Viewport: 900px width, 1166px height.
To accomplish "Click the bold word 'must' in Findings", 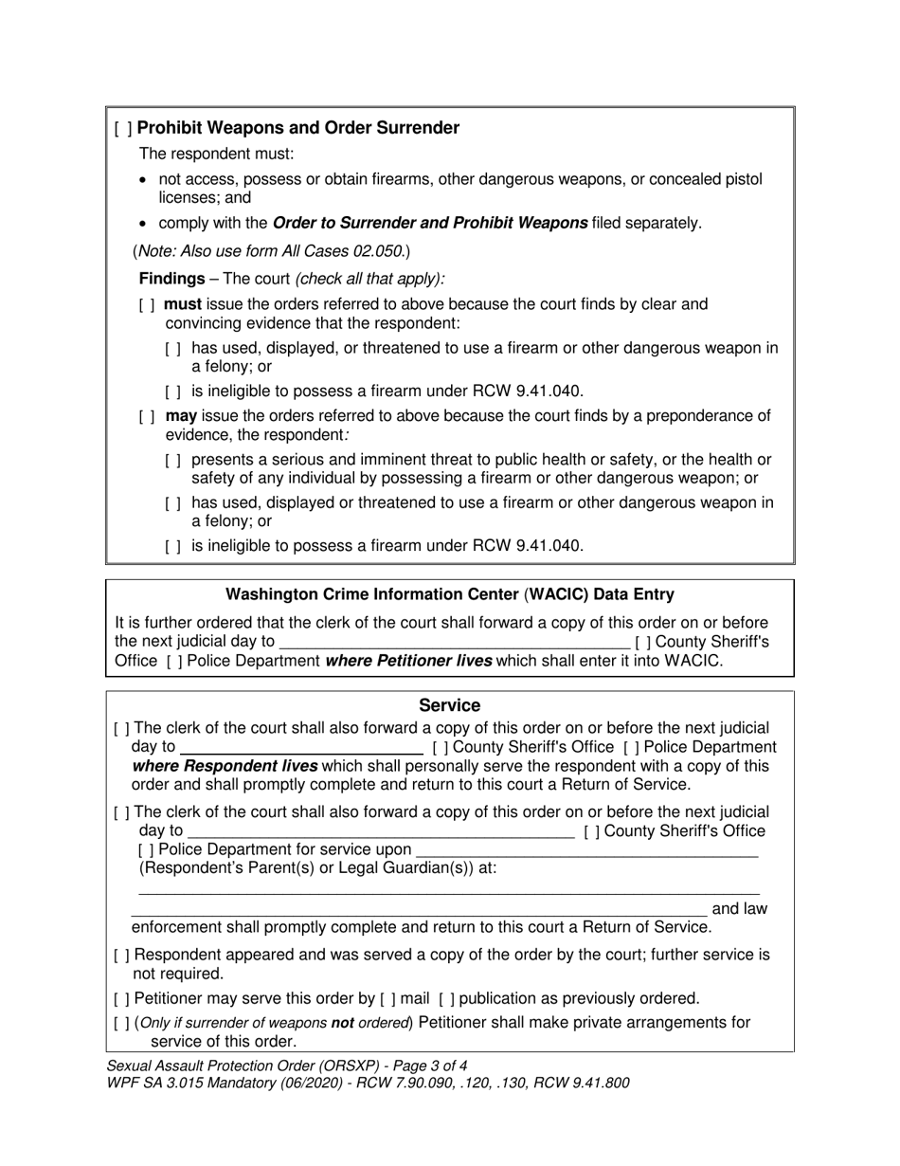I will [183, 304].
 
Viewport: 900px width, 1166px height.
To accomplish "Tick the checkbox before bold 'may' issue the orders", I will [147, 416].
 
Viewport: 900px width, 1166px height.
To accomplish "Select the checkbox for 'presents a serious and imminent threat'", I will [172, 460].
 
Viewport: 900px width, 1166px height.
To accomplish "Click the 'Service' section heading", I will [449, 705].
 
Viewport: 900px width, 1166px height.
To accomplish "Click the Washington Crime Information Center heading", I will [449, 594].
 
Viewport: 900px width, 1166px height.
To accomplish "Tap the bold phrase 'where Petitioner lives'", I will [408, 661].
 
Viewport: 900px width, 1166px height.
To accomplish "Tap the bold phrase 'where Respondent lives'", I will [225, 766].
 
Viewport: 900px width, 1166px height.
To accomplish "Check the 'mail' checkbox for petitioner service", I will [388, 998].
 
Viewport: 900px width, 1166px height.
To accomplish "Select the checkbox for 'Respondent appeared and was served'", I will [121, 956].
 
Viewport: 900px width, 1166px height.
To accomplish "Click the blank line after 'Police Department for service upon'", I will [586, 850].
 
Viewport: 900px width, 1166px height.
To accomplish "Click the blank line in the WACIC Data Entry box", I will [455, 642].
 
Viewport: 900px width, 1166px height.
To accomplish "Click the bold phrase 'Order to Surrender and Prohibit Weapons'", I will [429, 224].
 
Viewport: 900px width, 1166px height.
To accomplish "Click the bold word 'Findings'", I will [171, 279].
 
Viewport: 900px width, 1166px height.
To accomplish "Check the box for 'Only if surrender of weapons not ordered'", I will [121, 1023].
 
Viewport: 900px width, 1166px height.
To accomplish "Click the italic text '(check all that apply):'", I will [369, 279].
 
